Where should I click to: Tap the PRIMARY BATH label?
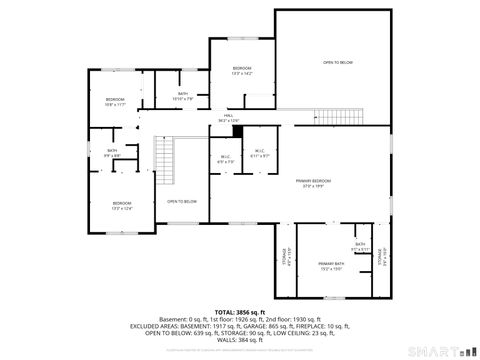coord(333,265)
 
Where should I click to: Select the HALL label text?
coord(229,118)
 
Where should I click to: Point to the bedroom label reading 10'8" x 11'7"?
coord(116,102)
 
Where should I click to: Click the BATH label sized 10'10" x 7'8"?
coord(183,96)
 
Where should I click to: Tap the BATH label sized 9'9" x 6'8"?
coord(112,153)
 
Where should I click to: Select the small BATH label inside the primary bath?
coord(359,246)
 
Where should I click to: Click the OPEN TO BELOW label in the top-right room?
coord(337,63)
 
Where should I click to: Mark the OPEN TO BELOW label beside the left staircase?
coord(182,202)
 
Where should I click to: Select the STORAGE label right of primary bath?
coord(383,257)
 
